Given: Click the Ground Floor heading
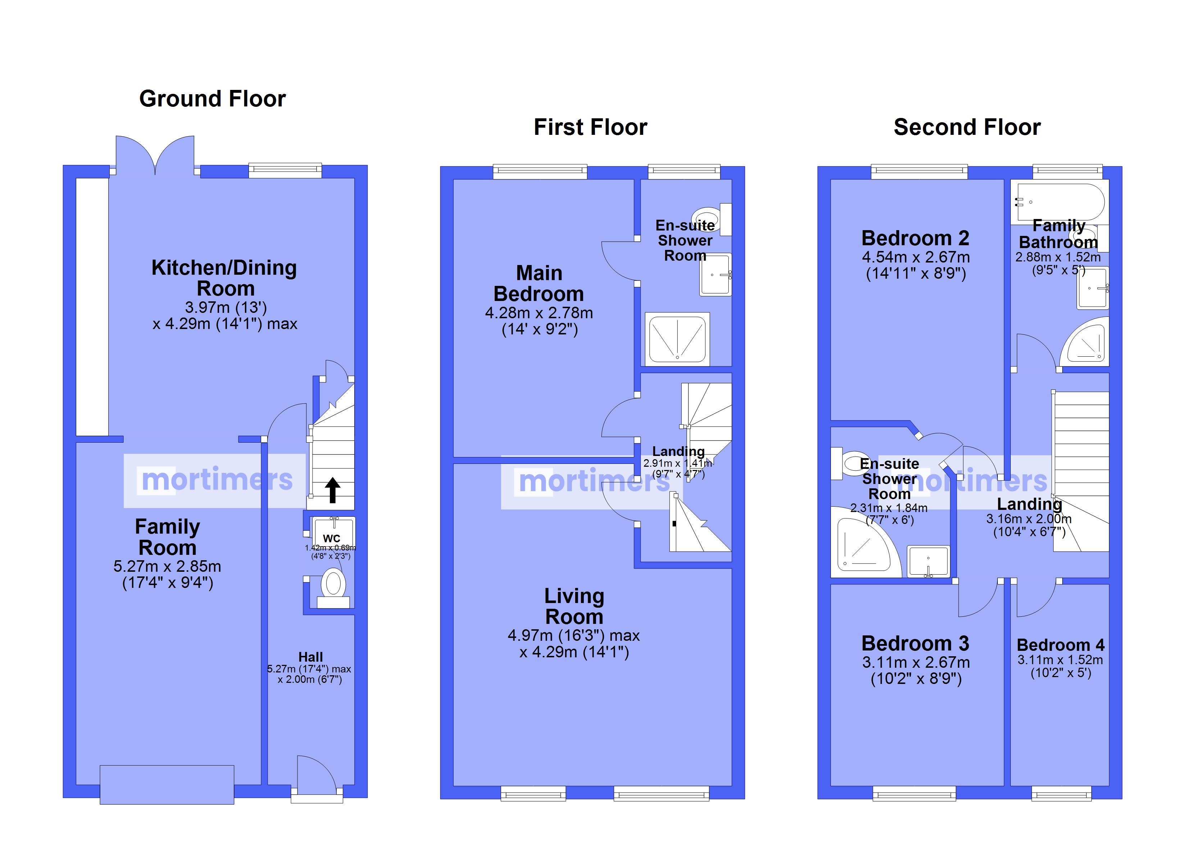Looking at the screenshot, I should pyautogui.click(x=213, y=99).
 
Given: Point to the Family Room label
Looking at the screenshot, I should pyautogui.click(x=168, y=537).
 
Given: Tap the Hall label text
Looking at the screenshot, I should pyautogui.click(x=310, y=657).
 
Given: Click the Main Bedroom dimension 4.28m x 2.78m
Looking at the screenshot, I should pyautogui.click(x=539, y=313).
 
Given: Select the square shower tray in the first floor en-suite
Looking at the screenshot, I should pyautogui.click(x=677, y=339).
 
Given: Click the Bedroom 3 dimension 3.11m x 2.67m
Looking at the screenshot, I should pyautogui.click(x=916, y=663).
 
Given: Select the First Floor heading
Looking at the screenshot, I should pyautogui.click(x=590, y=127).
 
